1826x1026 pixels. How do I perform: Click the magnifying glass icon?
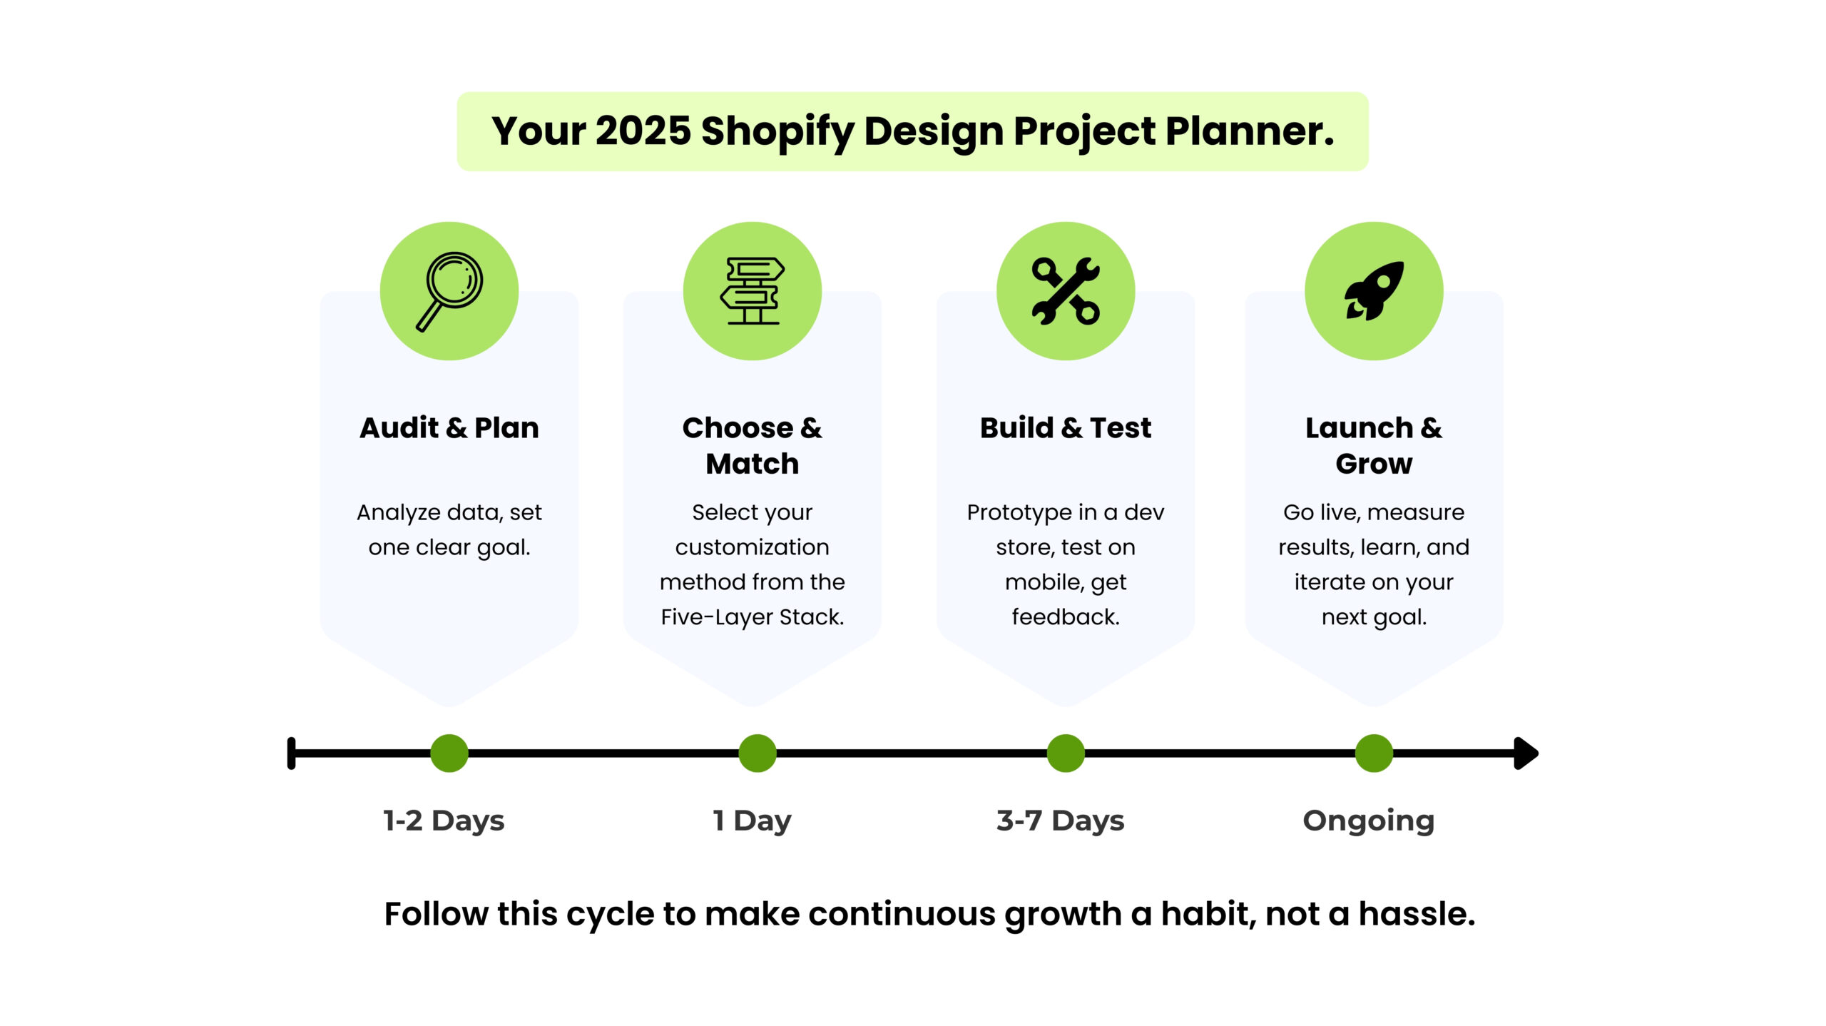(x=449, y=291)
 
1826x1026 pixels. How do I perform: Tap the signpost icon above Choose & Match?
(x=752, y=291)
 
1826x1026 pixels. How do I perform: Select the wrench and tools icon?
(x=1066, y=291)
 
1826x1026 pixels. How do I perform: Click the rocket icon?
(x=1374, y=291)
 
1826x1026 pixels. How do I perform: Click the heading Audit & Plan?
(x=449, y=428)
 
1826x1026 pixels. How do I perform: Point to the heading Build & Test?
(x=1066, y=428)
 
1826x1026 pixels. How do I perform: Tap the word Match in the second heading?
(x=752, y=464)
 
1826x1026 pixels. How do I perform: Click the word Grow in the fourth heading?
(x=1374, y=464)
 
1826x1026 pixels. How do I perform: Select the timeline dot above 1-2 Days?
(x=449, y=753)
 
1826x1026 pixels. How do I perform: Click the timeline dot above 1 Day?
(x=758, y=753)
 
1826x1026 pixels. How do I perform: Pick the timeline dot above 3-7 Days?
(x=1066, y=753)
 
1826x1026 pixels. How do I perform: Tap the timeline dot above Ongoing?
(x=1374, y=753)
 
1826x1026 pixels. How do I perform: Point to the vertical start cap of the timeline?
(x=291, y=753)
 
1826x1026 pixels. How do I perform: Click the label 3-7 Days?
(x=1060, y=821)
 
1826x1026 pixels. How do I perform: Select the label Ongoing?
(x=1368, y=821)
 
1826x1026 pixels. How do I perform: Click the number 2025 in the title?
(x=643, y=131)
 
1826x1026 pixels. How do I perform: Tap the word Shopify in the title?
(x=777, y=133)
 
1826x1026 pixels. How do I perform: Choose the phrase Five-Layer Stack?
(x=752, y=617)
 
